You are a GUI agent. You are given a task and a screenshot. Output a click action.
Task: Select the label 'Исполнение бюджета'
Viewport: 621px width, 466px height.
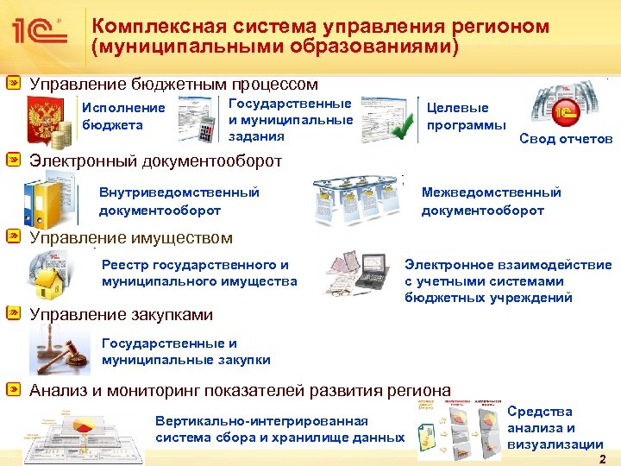122,116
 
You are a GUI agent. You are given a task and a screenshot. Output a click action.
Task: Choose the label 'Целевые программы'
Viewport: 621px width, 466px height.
467,116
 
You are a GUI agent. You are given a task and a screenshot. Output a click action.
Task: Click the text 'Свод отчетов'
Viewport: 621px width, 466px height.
566,140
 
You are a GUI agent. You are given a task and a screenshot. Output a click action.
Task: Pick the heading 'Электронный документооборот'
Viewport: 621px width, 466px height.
156,161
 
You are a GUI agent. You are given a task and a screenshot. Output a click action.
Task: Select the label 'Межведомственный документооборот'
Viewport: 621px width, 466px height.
491,201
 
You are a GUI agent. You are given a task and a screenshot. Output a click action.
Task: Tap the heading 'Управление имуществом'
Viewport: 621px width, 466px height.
131,237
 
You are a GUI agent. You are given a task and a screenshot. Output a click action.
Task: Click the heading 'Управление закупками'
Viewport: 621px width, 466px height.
122,315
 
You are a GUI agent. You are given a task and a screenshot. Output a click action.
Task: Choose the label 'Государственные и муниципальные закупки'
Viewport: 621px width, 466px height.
186,351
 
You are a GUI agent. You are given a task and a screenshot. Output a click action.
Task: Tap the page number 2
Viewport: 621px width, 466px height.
602,458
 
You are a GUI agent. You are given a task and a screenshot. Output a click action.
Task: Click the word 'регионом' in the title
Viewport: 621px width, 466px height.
495,26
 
